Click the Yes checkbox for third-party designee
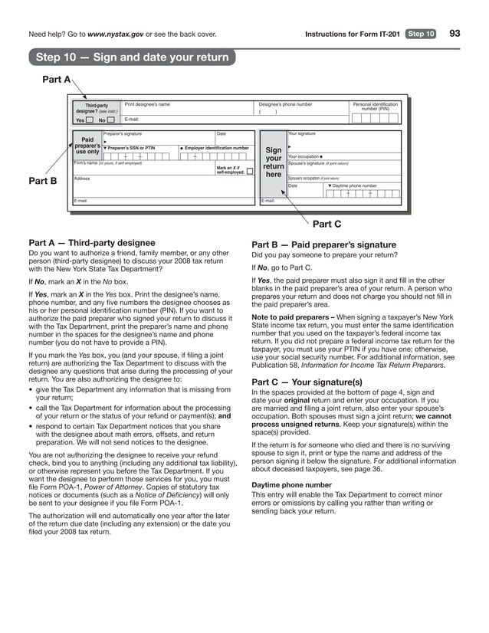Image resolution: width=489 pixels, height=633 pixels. click(90, 120)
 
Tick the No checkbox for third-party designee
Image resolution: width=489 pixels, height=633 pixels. click(110, 120)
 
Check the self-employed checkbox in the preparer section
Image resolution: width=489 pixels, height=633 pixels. click(250, 172)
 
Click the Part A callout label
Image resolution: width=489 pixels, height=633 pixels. click(56, 79)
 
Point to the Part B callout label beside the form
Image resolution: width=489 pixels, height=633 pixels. click(43, 181)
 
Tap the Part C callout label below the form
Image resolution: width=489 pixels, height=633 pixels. click(327, 224)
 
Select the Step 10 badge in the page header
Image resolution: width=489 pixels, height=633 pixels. click(421, 34)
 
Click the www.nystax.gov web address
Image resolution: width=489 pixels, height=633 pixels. click(120, 34)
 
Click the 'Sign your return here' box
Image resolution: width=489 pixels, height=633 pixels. click(273, 163)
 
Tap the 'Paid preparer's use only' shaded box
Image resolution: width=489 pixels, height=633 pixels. click(87, 146)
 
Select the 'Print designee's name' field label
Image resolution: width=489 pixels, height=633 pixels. click(147, 104)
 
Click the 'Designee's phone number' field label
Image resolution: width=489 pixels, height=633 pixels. click(286, 104)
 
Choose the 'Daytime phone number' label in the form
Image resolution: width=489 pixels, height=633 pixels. click(354, 185)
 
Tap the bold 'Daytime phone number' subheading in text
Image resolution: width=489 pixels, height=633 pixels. click(291, 485)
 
